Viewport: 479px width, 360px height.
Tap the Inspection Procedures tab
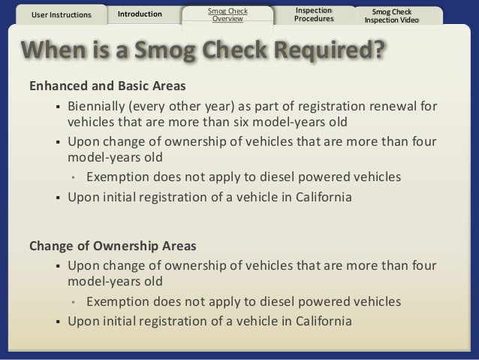click(314, 14)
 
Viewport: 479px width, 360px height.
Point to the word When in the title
click(55, 51)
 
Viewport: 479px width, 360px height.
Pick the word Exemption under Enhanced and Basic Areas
click(118, 177)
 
